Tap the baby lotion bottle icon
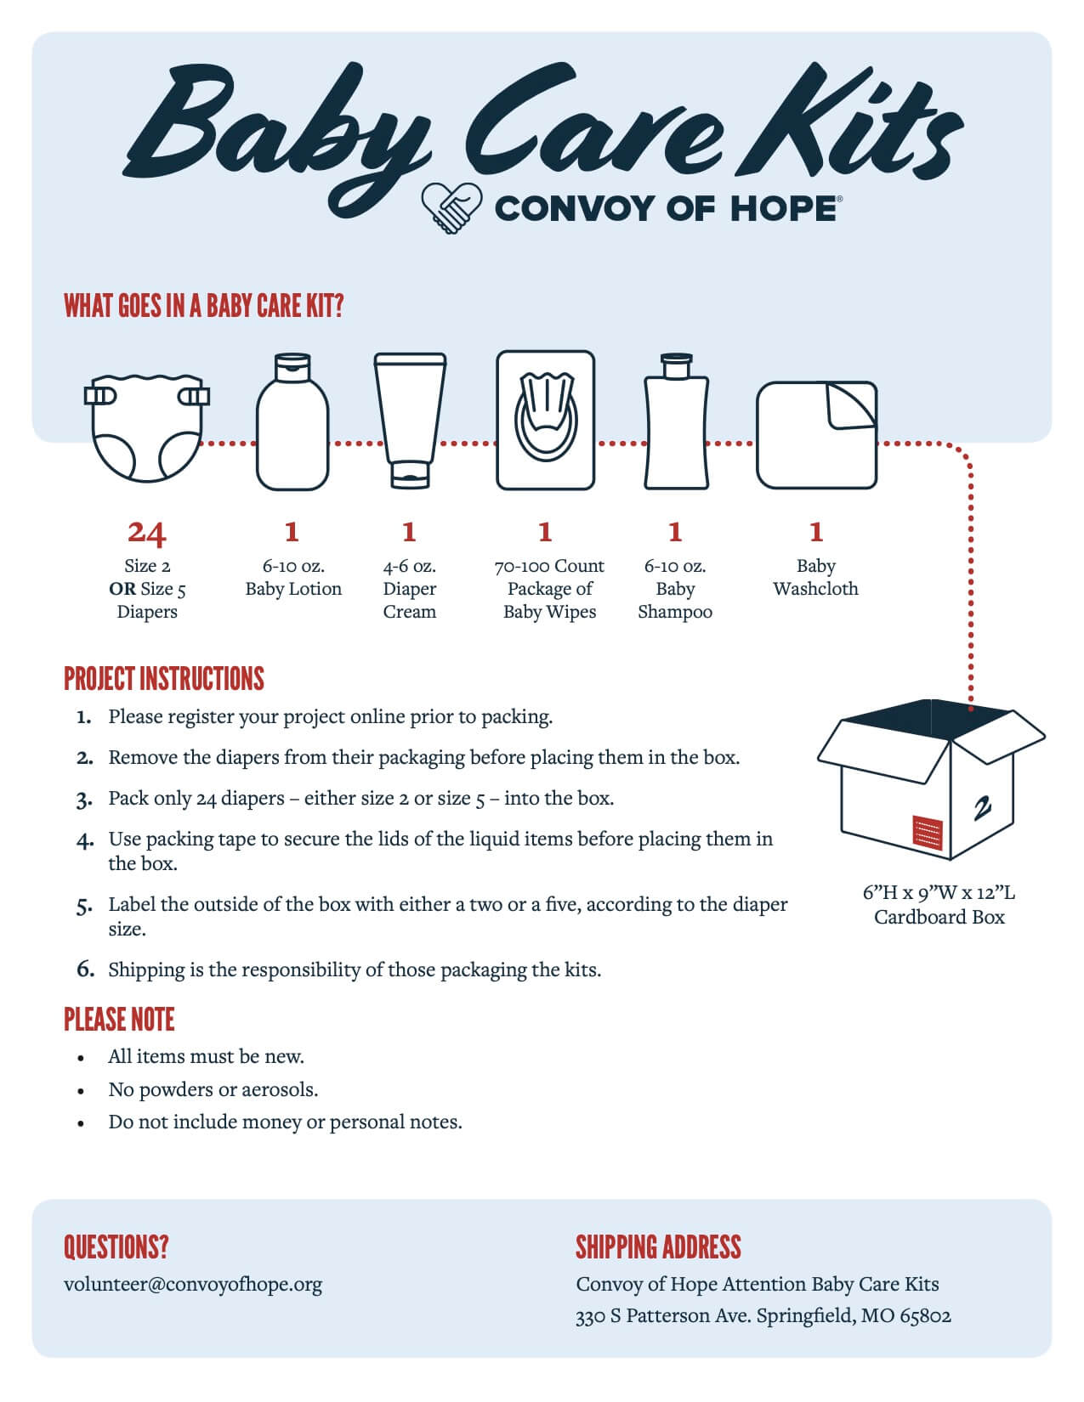click(292, 422)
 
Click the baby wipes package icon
click(545, 421)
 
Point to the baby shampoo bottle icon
click(676, 422)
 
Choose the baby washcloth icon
click(816, 435)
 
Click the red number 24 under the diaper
click(146, 533)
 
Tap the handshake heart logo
click(451, 207)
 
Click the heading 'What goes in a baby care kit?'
click(203, 306)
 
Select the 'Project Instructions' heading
click(164, 679)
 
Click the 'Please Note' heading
click(119, 1020)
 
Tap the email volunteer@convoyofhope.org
click(193, 1284)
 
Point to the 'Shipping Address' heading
click(658, 1247)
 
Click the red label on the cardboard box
click(928, 831)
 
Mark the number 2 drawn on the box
click(983, 808)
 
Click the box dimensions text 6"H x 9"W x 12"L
click(939, 893)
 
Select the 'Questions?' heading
click(116, 1247)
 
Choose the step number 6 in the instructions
click(84, 970)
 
